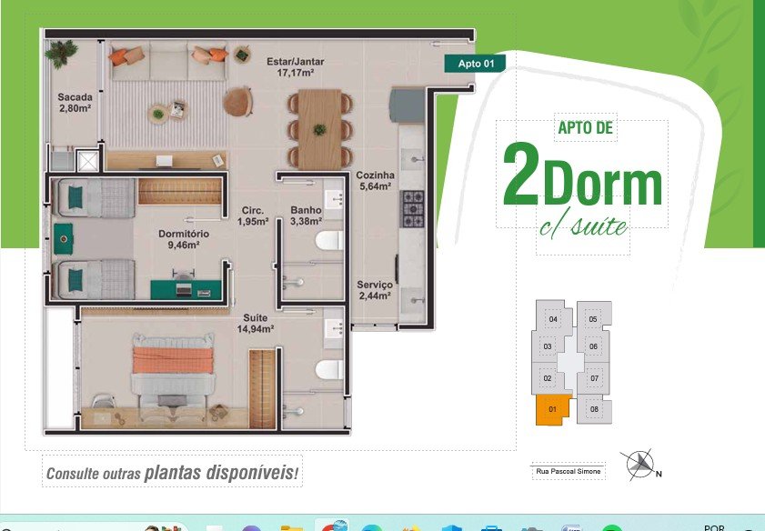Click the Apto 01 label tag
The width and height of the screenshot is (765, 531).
point(475,64)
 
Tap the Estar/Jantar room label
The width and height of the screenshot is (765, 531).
point(295,67)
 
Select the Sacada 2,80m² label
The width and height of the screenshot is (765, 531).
point(75,103)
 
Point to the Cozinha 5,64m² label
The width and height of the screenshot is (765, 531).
point(375,180)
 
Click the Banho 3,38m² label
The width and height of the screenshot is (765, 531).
point(306,215)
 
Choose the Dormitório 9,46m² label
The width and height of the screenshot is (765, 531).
point(184,239)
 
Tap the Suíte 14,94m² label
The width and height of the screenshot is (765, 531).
point(256,324)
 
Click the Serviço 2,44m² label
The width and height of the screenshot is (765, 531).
point(375,290)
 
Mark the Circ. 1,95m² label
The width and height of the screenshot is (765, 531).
point(253,216)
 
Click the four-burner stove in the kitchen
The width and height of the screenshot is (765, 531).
point(412,209)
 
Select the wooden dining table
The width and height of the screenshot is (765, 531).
point(319,130)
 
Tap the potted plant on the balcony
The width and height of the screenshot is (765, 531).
point(62,53)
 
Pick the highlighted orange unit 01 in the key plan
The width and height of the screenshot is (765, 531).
point(552,409)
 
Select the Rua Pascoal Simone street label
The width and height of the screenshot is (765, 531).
point(569,472)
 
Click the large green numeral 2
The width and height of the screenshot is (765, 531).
point(521,174)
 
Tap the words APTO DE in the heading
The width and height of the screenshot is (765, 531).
point(586,128)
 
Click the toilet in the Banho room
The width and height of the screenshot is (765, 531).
point(329,240)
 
